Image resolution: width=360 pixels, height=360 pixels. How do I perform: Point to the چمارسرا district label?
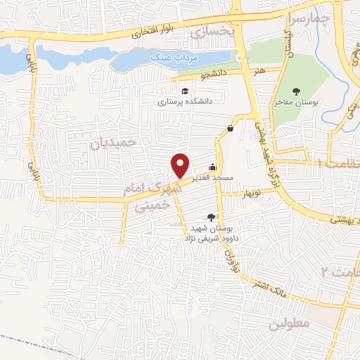click(x=310, y=18)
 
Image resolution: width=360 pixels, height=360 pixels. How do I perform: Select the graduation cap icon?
click(x=184, y=91)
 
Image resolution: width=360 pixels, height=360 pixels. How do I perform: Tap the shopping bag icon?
click(x=231, y=127)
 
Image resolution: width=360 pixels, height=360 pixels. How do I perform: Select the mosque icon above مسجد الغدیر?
click(x=212, y=167)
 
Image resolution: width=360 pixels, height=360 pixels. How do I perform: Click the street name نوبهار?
click(x=251, y=192)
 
